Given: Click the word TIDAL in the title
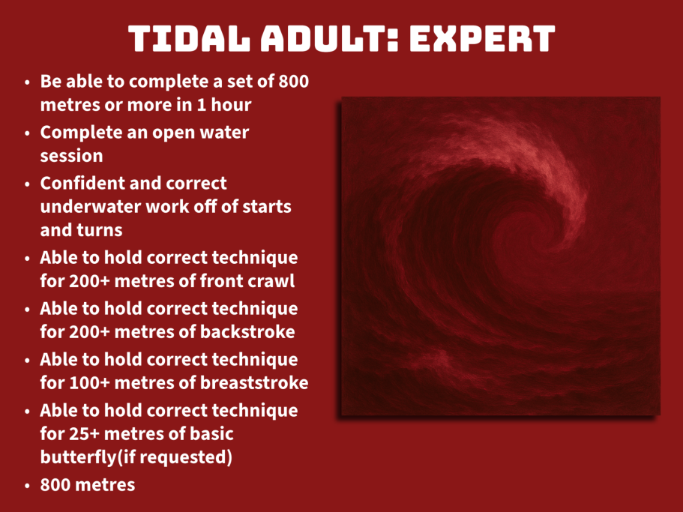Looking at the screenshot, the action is pos(190,39).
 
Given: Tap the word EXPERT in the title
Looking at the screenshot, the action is pos(482,39).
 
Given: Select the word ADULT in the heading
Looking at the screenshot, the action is pos(329,39).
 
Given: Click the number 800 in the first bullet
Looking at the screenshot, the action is pos(294,82).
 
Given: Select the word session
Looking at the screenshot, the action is pos(71,156).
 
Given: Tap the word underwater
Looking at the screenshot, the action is pos(90,207).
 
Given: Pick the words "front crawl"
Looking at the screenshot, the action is pos(247,281).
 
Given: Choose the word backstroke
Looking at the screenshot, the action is pos(247,332).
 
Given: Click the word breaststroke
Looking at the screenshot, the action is pos(254,383).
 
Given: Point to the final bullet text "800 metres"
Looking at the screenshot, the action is pos(88,485).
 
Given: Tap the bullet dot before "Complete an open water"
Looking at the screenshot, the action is pos(28,133).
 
